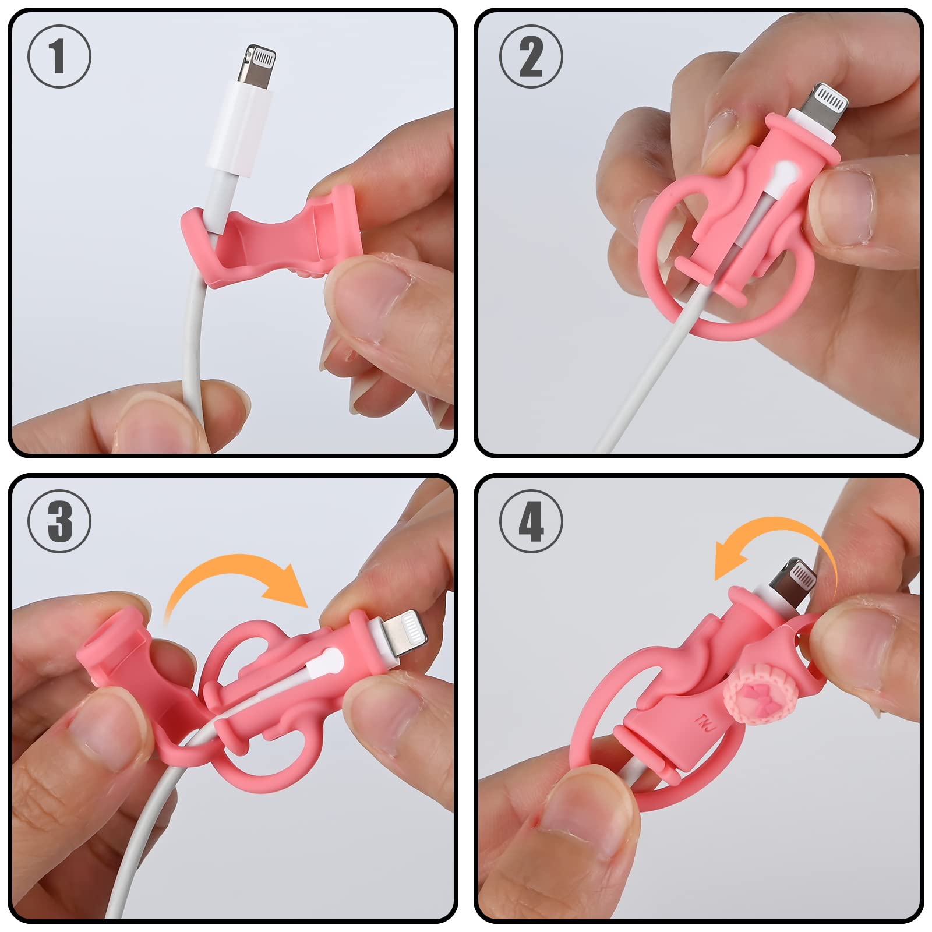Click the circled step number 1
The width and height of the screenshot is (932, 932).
click(x=59, y=57)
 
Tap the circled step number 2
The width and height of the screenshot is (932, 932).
click(x=531, y=57)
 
